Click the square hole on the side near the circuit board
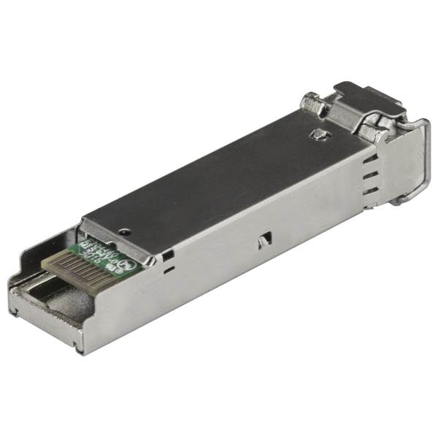point(169,255)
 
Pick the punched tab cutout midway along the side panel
point(264,239)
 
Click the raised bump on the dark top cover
point(318,134)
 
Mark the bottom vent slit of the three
point(372,191)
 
